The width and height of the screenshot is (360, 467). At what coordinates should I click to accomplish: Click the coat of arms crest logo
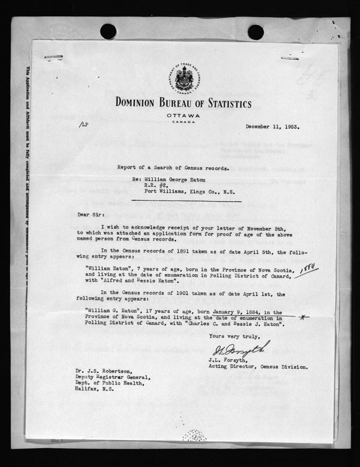pos(184,80)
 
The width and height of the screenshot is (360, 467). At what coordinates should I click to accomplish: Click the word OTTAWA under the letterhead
pos(184,116)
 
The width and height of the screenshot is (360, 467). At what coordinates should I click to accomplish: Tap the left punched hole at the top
pos(108,32)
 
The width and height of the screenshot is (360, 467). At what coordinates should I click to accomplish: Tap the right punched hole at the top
pos(255,32)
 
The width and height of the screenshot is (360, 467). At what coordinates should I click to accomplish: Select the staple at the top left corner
pos(53,57)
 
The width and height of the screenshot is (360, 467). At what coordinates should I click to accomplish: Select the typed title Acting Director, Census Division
pos(259,366)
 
